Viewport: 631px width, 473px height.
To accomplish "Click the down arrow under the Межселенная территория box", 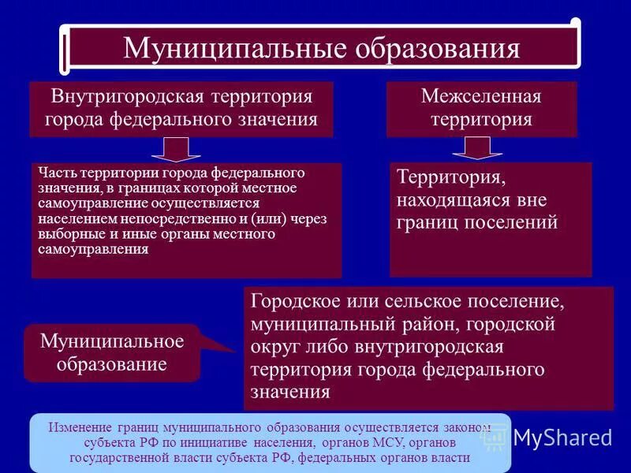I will tap(481, 147).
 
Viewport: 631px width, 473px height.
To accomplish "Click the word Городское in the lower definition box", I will tap(292, 303).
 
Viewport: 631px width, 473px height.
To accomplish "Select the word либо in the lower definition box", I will tap(322, 347).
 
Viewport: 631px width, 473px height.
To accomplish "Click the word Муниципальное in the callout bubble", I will tap(112, 341).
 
